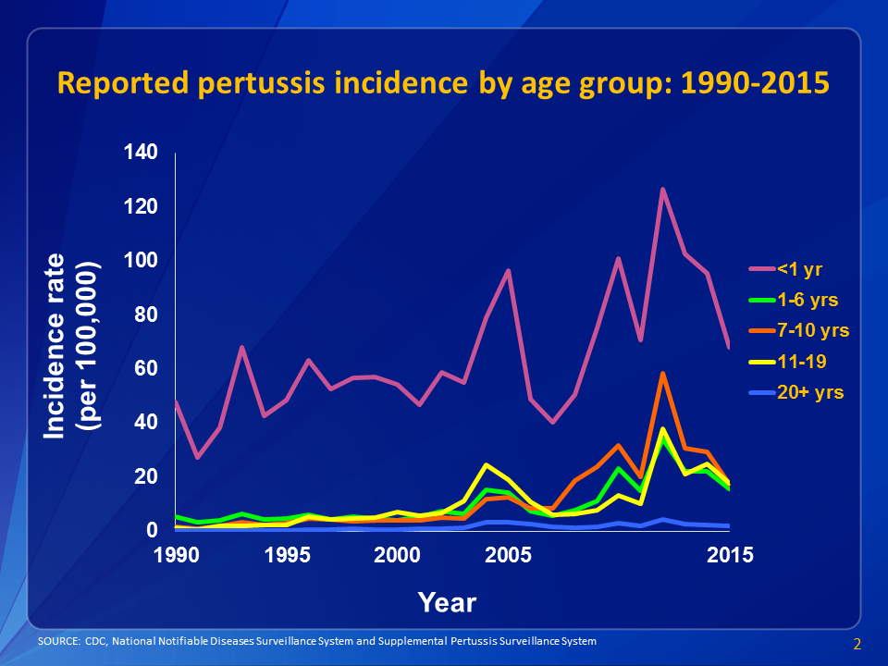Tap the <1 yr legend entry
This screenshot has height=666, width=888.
(x=799, y=269)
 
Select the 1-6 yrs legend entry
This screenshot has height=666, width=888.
(x=808, y=300)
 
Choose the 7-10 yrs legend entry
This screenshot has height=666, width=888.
(x=812, y=330)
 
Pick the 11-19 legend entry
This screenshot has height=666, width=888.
(x=801, y=361)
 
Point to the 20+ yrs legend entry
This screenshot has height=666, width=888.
(x=810, y=392)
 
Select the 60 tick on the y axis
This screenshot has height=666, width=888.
(x=146, y=368)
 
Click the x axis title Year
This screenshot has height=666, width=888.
(x=447, y=603)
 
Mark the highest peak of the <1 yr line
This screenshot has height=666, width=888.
(x=663, y=190)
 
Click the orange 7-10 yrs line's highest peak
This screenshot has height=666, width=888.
(x=663, y=374)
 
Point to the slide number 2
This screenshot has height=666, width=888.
(x=857, y=644)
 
